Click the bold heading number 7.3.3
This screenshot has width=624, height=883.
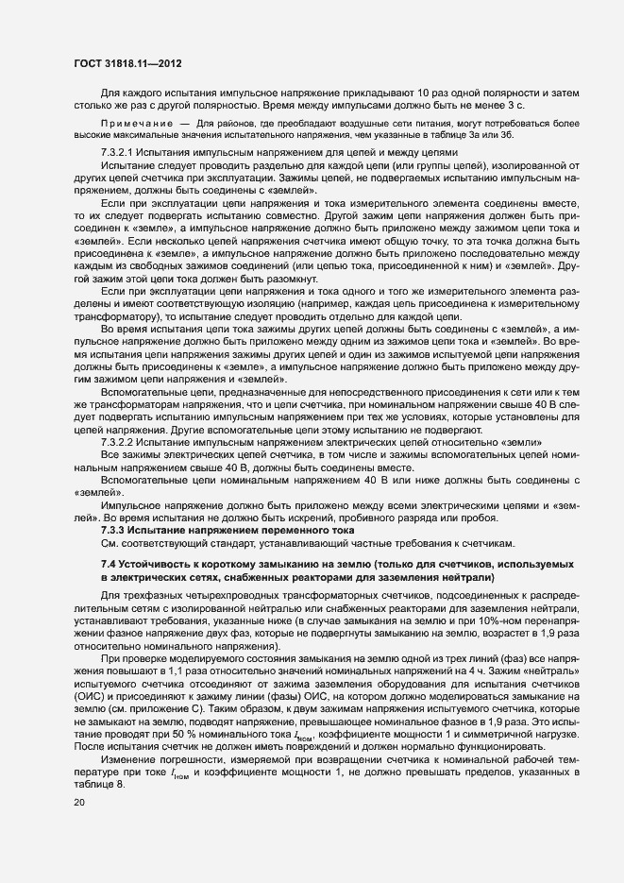(116, 531)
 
